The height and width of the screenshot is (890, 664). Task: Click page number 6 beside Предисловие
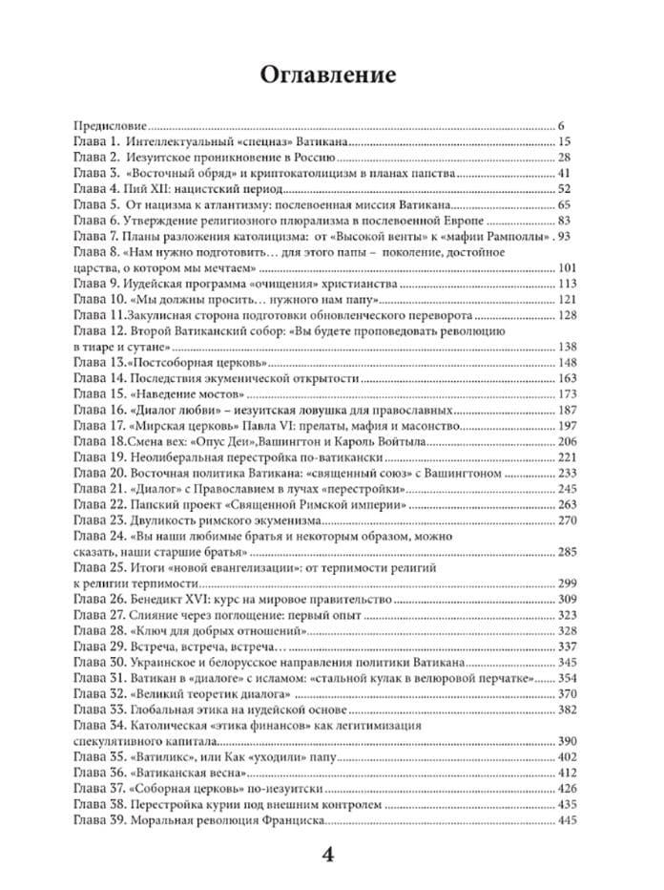tap(565, 125)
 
